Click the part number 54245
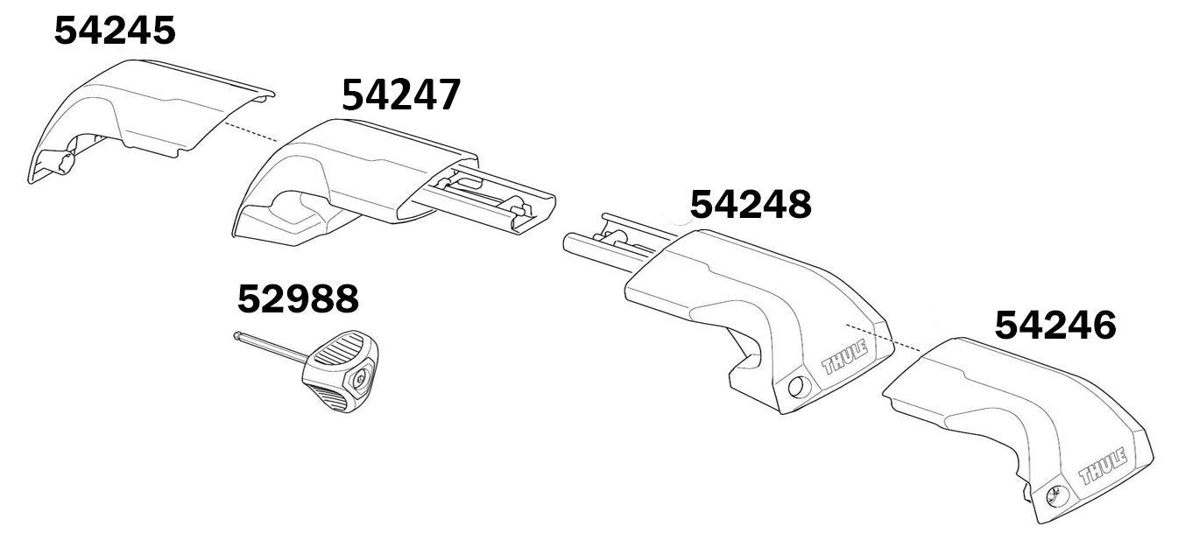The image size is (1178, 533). (115, 31)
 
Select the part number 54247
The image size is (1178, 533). (401, 95)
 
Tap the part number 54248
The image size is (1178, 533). (751, 204)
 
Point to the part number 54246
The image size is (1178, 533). (1055, 326)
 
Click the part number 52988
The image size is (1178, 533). (298, 299)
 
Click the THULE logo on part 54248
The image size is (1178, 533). (844, 358)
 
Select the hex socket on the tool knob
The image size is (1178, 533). (362, 378)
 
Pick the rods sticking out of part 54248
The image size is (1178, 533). (604, 241)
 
